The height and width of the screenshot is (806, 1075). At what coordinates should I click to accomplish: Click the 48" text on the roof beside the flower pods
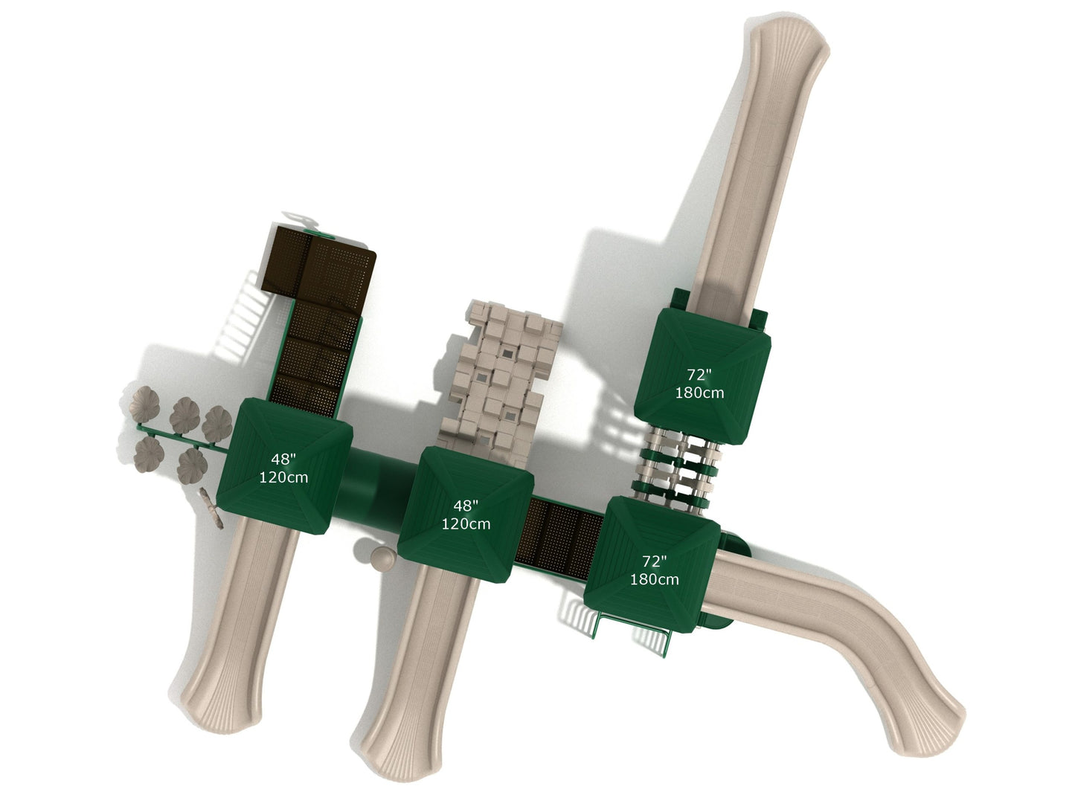point(283,459)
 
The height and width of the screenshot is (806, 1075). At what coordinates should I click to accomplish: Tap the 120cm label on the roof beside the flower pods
point(283,477)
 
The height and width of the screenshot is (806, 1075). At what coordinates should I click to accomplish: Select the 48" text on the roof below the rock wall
point(465,506)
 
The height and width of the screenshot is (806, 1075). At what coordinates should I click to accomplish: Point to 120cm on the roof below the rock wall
point(466,523)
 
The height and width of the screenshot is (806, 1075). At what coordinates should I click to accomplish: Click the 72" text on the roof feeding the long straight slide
point(699,375)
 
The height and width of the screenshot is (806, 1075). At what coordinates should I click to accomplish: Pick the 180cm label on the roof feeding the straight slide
point(699,393)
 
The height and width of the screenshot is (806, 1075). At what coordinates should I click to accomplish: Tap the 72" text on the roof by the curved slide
point(654,561)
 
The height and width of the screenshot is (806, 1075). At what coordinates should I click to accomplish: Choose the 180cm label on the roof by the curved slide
point(655,579)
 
